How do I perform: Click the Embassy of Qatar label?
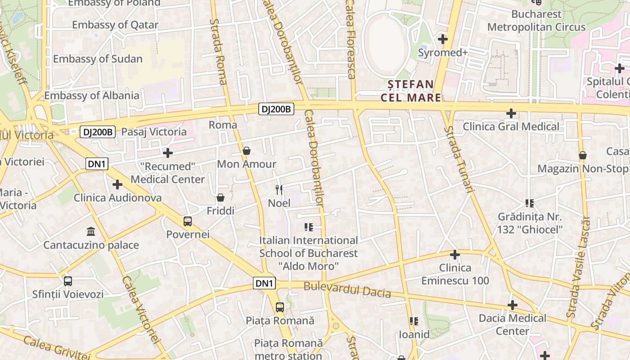pyautogui.click(x=115, y=25)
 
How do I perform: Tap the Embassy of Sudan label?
pyautogui.click(x=98, y=59)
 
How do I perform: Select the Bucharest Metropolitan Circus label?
pyautogui.click(x=536, y=21)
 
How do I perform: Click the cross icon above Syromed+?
pyautogui.click(x=443, y=39)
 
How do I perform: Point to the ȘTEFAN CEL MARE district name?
pyautogui.click(x=411, y=91)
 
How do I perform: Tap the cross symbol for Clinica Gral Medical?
pyautogui.click(x=511, y=113)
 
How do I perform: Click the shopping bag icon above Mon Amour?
pyautogui.click(x=247, y=150)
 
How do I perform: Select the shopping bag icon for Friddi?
pyautogui.click(x=220, y=198)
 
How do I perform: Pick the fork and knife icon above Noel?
pyautogui.click(x=279, y=190)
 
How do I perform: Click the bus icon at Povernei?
pyautogui.click(x=188, y=221)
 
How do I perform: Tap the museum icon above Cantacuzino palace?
pyautogui.click(x=91, y=232)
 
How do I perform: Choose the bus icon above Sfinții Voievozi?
pyautogui.click(x=68, y=281)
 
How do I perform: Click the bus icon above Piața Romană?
pyautogui.click(x=280, y=307)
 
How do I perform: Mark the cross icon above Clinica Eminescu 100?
pyautogui.click(x=455, y=255)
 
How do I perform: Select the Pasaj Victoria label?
pyautogui.click(x=154, y=132)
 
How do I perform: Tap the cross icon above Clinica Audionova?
pyautogui.click(x=117, y=184)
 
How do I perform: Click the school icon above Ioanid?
pyautogui.click(x=414, y=321)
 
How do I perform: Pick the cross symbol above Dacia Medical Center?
pyautogui.click(x=512, y=305)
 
